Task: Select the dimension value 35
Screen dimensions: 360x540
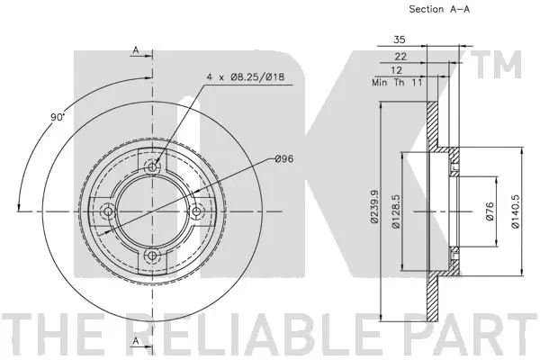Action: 400,40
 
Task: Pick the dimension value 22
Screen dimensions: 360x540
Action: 400,56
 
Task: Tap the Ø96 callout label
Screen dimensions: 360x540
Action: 284,159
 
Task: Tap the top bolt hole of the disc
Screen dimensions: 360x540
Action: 153,166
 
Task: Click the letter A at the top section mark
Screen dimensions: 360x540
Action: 134,49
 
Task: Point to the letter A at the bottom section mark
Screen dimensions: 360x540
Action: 134,341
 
